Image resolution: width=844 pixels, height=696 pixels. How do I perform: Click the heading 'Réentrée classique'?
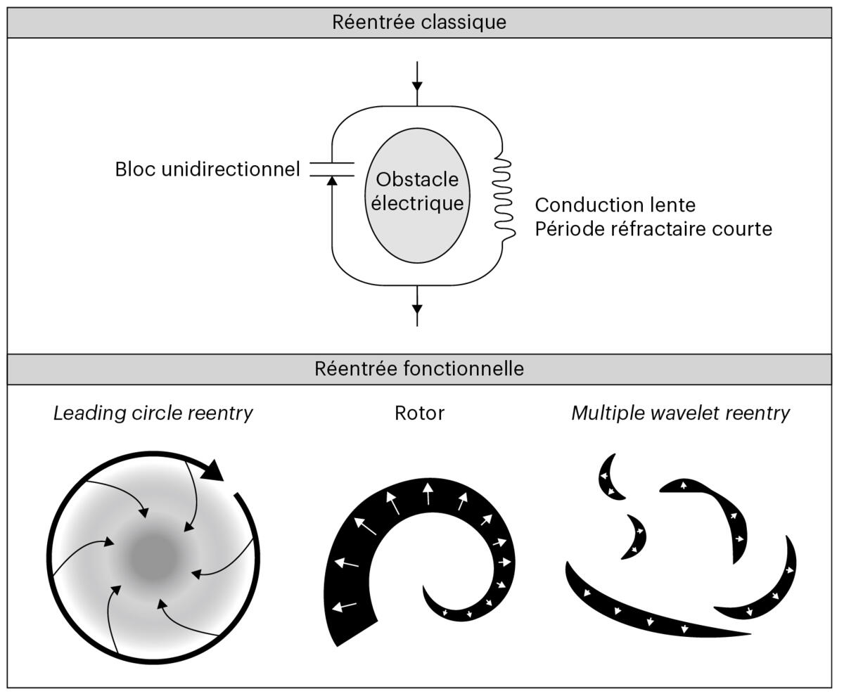coord(419,22)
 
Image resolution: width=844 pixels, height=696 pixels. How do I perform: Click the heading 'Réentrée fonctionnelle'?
coord(419,369)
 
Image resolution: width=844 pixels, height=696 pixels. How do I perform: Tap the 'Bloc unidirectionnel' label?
coord(207,169)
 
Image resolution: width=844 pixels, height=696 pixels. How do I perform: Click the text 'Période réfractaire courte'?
coord(653,229)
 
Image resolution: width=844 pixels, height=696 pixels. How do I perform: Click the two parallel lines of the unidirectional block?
coord(332,169)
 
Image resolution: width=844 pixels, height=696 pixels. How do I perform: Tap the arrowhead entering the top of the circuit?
coord(417,86)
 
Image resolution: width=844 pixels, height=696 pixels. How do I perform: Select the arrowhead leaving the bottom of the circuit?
coord(417,309)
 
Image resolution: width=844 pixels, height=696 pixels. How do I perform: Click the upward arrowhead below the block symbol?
coord(332,181)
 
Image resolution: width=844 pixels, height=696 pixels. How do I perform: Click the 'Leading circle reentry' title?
coord(153,413)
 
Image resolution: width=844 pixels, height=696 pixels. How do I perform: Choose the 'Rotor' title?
coord(419,413)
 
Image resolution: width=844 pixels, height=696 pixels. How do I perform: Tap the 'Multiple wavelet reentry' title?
coord(680,413)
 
